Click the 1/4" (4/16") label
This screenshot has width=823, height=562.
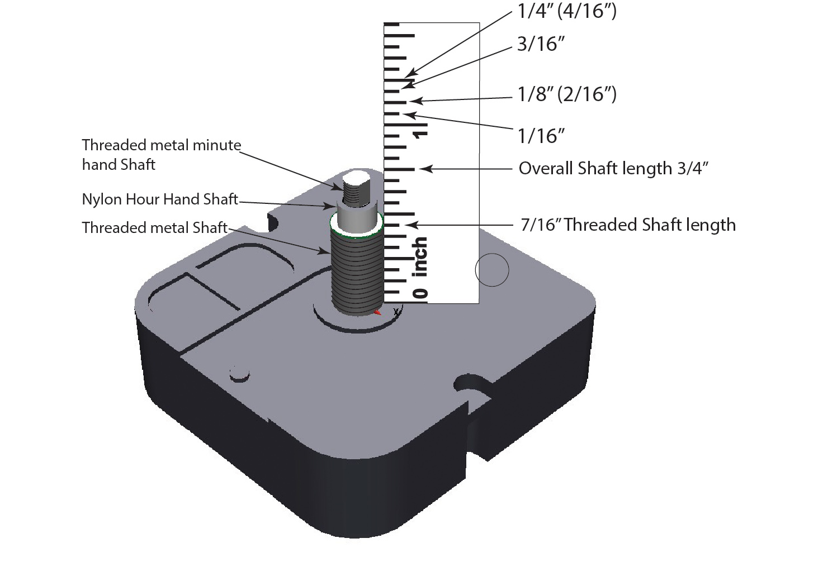coord(566,11)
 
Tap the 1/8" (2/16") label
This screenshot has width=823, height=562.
coord(566,94)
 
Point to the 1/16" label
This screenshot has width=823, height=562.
coord(540,135)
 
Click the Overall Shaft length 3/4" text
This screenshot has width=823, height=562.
coord(614,168)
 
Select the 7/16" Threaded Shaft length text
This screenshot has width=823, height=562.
coord(628,225)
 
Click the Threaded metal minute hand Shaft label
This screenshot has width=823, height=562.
coord(161,154)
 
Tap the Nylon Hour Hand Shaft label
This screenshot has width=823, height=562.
coord(160,199)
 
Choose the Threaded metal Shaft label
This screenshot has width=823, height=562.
coord(154,227)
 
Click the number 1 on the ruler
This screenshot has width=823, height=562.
coord(420,133)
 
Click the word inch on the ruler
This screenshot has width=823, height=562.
coord(420,257)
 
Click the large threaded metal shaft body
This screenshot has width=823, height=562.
coord(356,274)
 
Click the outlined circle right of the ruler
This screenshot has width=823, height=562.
coord(492,270)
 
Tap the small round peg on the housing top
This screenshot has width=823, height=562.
coord(239,373)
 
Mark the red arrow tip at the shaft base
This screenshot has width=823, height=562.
coord(379,312)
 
